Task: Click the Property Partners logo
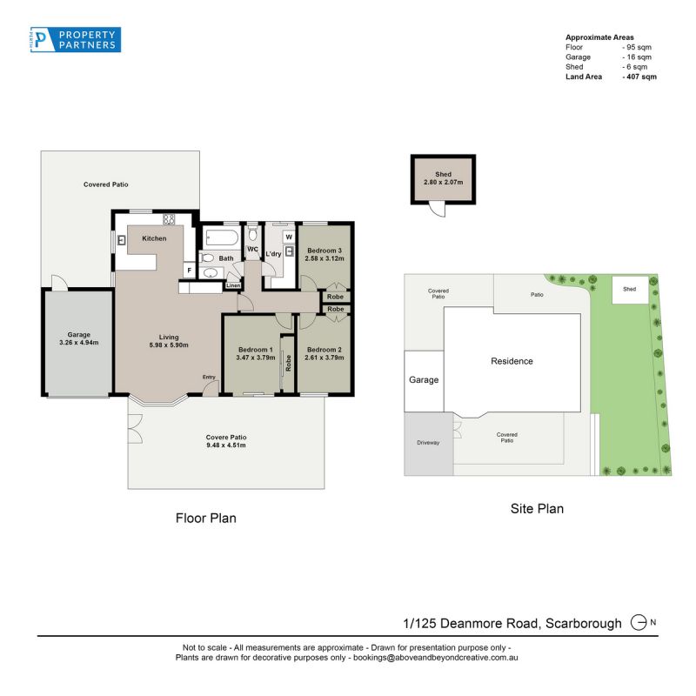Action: tap(76, 39)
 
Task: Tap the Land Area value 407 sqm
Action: tap(639, 77)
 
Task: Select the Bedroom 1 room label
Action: tap(256, 350)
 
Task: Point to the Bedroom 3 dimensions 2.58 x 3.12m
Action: tap(325, 258)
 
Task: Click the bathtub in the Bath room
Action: tap(222, 238)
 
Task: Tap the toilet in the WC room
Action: tap(252, 234)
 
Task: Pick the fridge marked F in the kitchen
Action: tap(189, 271)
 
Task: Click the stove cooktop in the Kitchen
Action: tap(169, 219)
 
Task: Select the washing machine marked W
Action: tap(289, 237)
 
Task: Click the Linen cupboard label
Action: tap(233, 285)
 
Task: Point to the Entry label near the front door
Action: tap(209, 377)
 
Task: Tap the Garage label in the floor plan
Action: tap(79, 335)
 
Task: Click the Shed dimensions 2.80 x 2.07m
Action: tap(443, 182)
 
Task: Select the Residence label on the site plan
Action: tap(512, 361)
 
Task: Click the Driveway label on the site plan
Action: tap(428, 443)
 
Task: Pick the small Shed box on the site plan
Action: tap(630, 290)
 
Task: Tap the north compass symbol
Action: tap(639, 622)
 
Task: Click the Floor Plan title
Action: tap(206, 518)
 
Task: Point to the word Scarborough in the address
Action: tap(583, 624)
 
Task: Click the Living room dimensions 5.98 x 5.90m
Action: tap(169, 345)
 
